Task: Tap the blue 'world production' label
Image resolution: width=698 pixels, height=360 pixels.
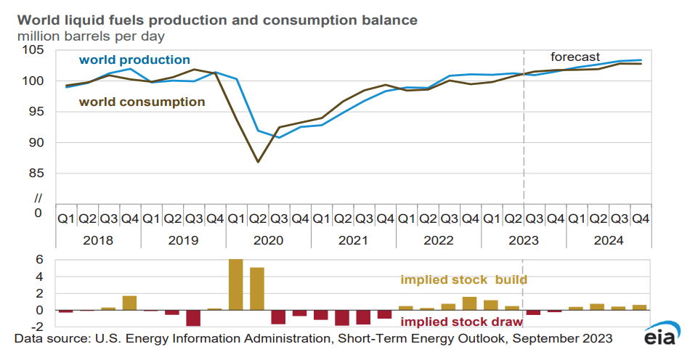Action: [x=134, y=60]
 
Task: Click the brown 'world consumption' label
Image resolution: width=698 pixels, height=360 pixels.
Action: [x=142, y=102]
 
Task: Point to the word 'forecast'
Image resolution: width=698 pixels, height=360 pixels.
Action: [x=575, y=57]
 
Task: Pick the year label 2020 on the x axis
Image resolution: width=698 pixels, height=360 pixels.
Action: [x=268, y=240]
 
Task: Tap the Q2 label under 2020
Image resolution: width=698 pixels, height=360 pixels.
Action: [x=257, y=218]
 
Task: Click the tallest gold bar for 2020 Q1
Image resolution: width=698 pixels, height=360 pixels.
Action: [x=235, y=285]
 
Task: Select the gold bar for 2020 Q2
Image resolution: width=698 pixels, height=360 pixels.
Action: [x=257, y=289]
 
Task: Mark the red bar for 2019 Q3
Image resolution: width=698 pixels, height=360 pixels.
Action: [x=193, y=318]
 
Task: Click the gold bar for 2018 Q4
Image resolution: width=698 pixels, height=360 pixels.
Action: [x=129, y=303]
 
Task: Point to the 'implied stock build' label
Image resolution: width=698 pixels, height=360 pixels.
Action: [x=463, y=279]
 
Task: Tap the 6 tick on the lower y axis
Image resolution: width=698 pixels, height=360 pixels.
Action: [x=40, y=260]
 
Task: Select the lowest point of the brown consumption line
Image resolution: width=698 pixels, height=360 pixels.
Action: [x=257, y=162]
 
